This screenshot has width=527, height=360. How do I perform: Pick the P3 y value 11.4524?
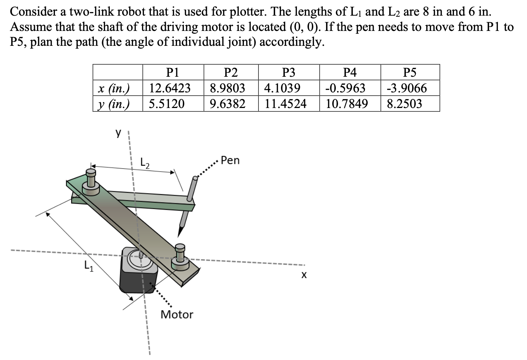pyautogui.click(x=286, y=104)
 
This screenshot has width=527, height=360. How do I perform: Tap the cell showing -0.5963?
pyautogui.click(x=345, y=88)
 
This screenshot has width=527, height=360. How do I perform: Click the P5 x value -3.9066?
pyautogui.click(x=407, y=88)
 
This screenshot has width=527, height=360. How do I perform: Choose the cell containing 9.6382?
pyautogui.click(x=228, y=104)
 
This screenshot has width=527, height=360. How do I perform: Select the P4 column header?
pyautogui.click(x=350, y=73)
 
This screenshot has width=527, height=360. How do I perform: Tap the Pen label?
pyautogui.click(x=230, y=160)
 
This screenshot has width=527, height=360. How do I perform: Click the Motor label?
pyautogui.click(x=177, y=315)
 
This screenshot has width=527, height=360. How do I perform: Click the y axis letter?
pyautogui.click(x=118, y=133)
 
